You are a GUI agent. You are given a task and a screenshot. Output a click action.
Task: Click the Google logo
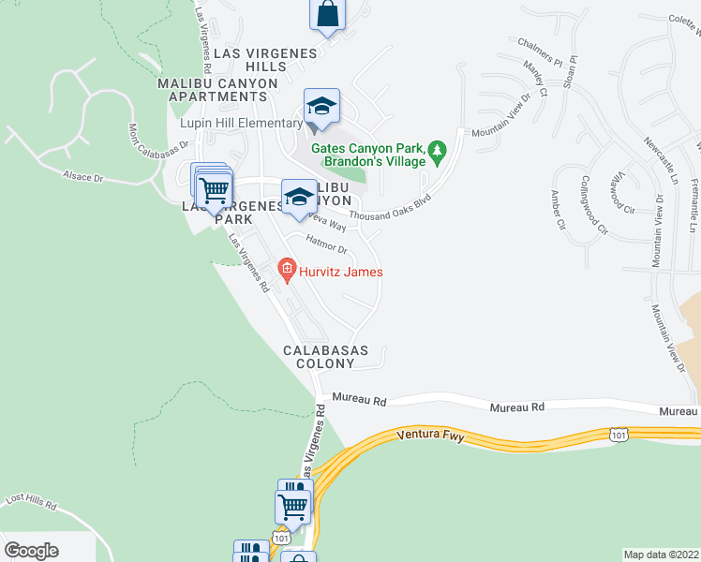(x=31, y=551)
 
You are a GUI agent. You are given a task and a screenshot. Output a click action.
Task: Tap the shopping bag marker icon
(x=327, y=14)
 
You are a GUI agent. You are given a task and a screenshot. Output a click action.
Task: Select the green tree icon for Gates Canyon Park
(x=436, y=150)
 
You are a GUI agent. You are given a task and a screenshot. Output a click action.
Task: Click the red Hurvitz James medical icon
(x=287, y=273)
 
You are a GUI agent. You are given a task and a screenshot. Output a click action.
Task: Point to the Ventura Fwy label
(x=430, y=435)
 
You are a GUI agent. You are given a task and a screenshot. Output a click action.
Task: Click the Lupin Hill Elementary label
(x=243, y=124)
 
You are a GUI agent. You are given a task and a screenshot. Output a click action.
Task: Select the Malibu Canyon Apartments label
(x=218, y=91)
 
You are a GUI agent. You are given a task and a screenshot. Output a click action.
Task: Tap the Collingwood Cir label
(x=595, y=204)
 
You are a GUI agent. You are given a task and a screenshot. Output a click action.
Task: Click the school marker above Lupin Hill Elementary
(x=321, y=108)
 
